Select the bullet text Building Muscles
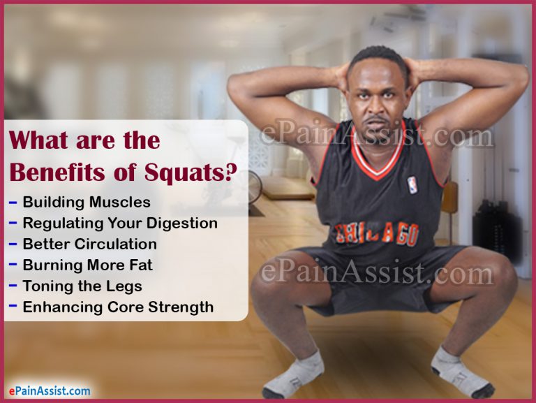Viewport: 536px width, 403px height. click(87, 203)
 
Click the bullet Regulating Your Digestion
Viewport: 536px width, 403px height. click(120, 224)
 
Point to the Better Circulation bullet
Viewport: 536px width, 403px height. click(89, 244)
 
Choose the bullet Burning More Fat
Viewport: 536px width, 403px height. click(87, 265)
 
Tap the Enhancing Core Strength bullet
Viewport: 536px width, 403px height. click(118, 307)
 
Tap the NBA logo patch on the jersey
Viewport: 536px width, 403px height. click(412, 185)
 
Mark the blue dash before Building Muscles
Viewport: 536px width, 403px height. click(13, 203)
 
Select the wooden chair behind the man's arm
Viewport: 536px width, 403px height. click(449, 203)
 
